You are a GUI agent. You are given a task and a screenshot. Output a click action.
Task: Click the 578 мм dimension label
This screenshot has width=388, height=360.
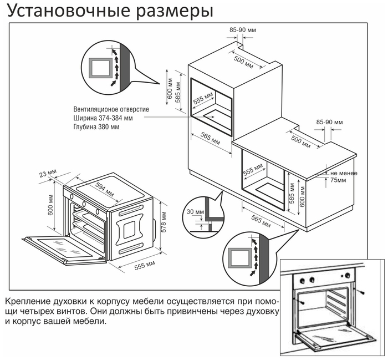(x=164, y=222)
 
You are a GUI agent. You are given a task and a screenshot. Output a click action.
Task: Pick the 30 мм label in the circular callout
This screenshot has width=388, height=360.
(x=192, y=211)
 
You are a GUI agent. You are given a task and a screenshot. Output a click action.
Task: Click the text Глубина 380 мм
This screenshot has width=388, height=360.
(x=96, y=127)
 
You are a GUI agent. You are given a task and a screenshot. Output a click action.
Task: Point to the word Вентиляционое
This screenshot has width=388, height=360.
(x=98, y=109)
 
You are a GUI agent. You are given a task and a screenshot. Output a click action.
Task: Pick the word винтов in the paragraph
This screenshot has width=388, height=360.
(x=70, y=311)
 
